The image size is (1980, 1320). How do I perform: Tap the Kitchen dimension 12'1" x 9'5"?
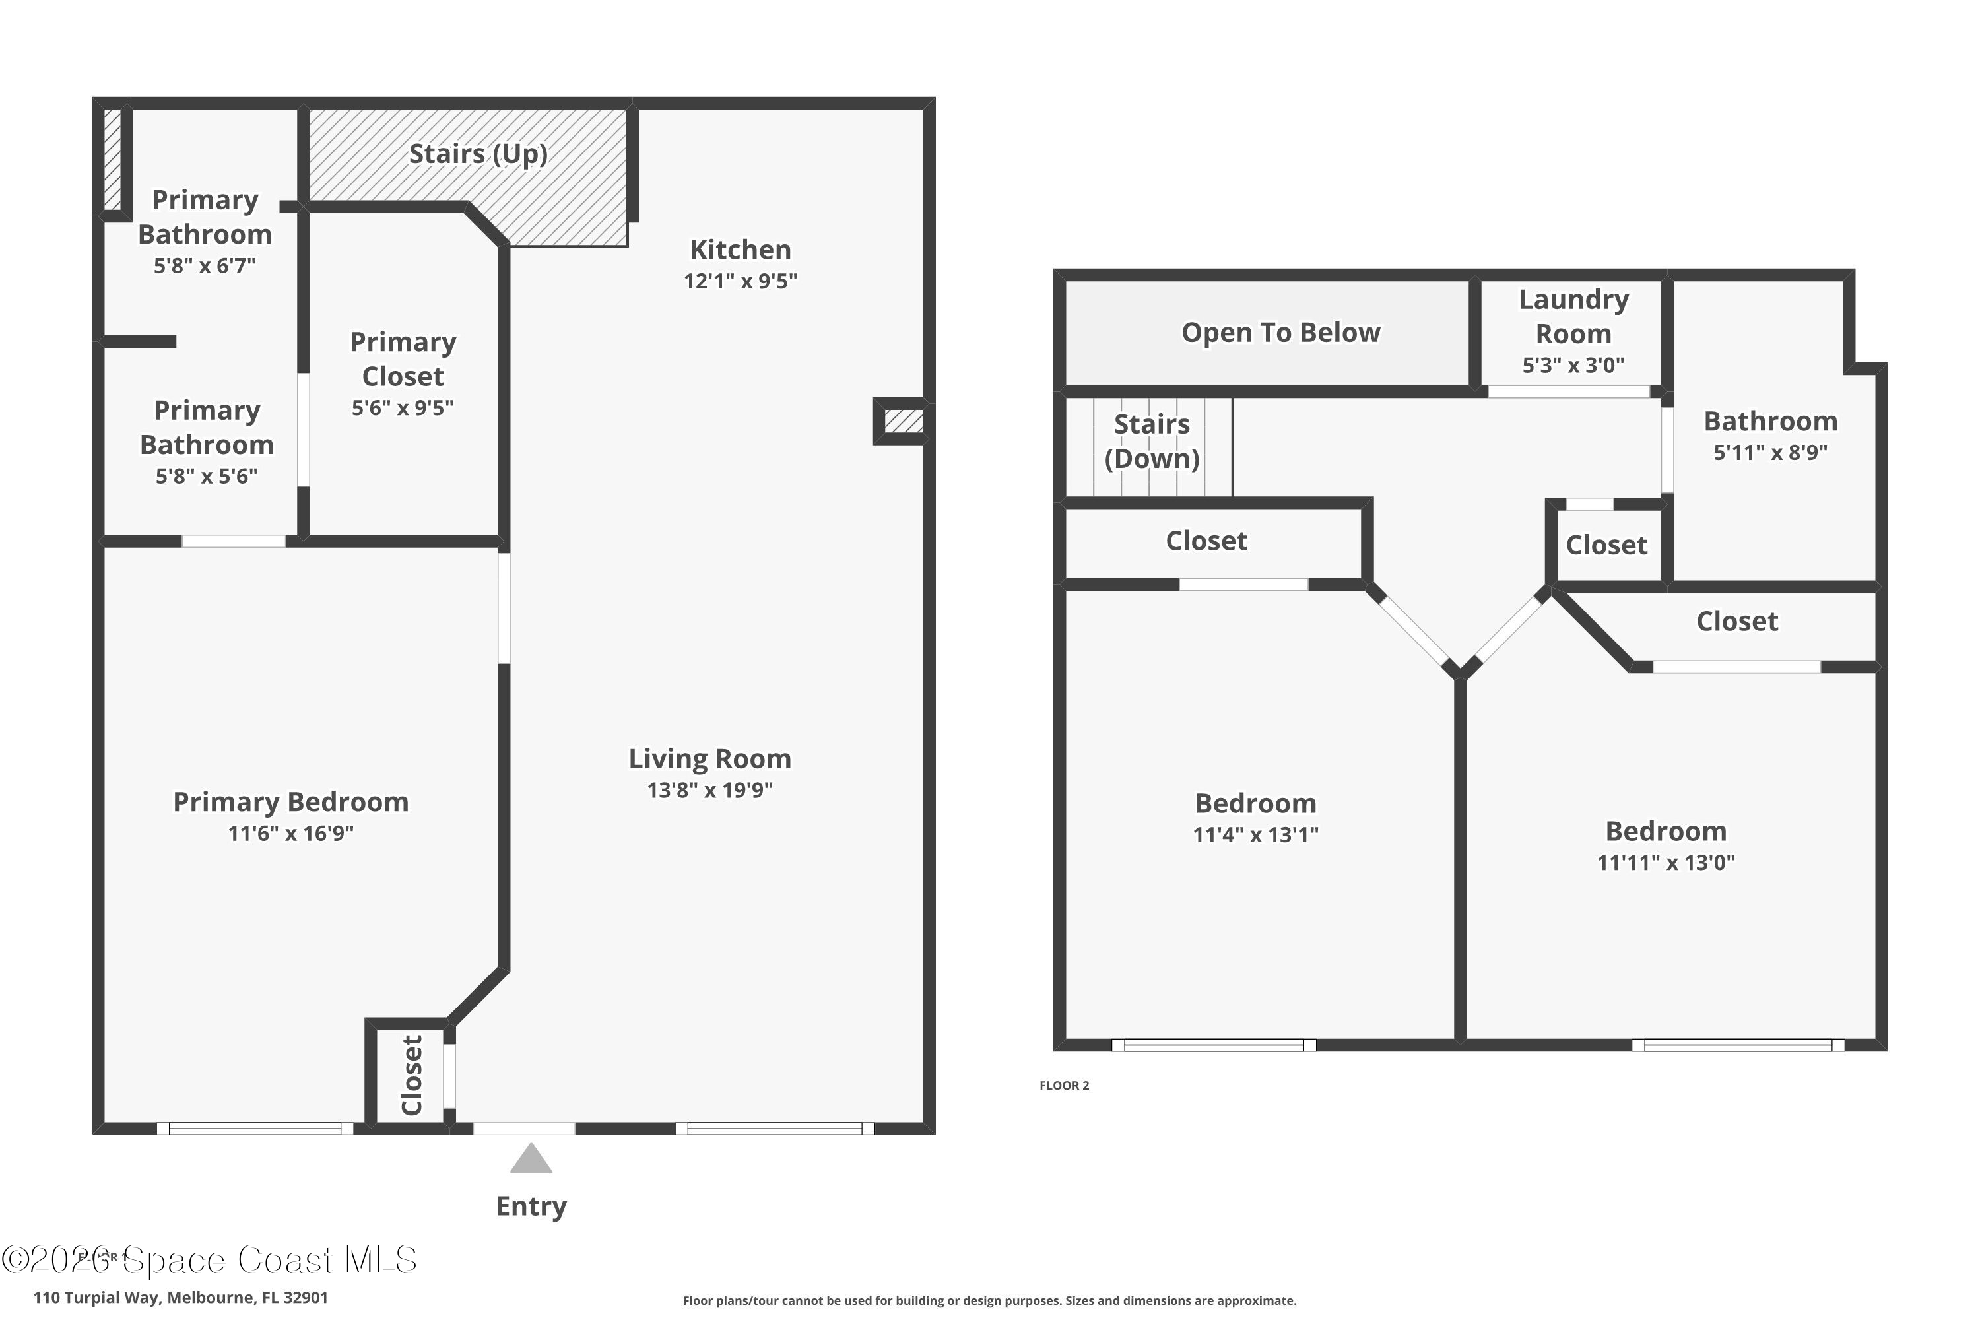[740, 281]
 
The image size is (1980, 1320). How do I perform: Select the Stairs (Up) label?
[478, 154]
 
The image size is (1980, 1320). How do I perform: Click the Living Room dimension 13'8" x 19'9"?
[709, 791]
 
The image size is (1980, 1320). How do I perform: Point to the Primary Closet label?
[403, 360]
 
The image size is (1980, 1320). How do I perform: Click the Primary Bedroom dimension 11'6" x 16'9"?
[290, 834]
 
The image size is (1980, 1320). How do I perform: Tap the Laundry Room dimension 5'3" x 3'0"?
[1573, 366]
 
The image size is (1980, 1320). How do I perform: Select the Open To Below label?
[1280, 333]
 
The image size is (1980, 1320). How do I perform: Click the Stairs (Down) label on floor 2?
[1152, 441]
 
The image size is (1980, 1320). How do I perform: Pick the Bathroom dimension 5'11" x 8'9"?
[1769, 453]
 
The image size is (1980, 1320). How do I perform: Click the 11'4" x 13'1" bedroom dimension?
[1255, 835]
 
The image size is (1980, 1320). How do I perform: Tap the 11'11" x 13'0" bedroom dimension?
[1665, 863]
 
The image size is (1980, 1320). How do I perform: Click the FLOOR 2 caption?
[1064, 1086]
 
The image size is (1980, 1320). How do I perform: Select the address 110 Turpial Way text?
[180, 1298]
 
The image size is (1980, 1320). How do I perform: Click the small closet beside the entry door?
[410, 1076]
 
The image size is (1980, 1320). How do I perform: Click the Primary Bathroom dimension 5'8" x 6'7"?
[205, 266]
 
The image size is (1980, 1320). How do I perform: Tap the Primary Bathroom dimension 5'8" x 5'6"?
[206, 477]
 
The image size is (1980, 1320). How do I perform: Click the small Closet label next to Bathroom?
[1605, 546]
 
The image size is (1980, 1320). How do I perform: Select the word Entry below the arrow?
[531, 1206]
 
